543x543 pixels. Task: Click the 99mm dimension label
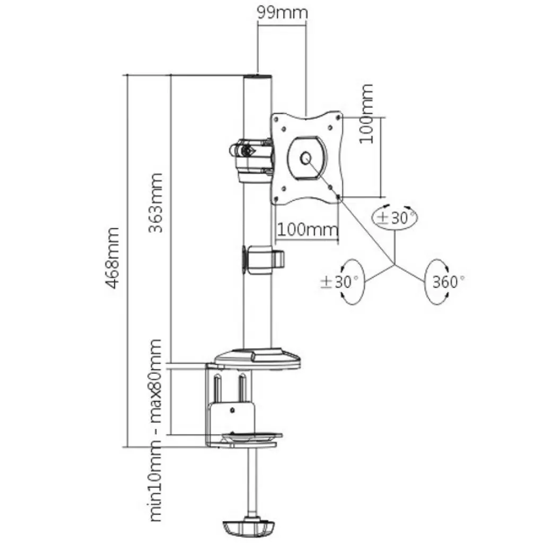point(282,12)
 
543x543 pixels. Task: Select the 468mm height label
point(112,258)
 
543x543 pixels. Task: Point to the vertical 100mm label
point(366,113)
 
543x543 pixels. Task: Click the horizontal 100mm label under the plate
point(308,230)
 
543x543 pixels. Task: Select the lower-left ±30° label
point(340,282)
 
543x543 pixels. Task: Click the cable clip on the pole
point(264,259)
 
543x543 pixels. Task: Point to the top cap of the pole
point(257,76)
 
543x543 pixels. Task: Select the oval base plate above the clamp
point(258,358)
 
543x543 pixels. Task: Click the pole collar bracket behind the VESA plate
point(249,159)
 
